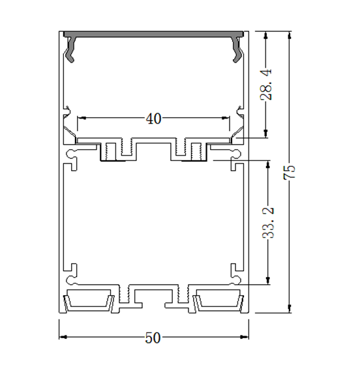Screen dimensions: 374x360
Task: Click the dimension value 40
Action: pyautogui.click(x=153, y=119)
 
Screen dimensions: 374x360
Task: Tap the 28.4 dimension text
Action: pyautogui.click(x=267, y=85)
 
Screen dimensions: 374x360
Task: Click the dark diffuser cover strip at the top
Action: pyautogui.click(x=154, y=33)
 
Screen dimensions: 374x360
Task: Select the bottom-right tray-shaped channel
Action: pyautogui.click(x=218, y=302)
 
